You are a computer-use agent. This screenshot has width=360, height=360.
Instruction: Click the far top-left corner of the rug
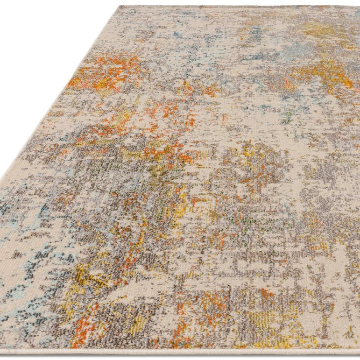point(119,7)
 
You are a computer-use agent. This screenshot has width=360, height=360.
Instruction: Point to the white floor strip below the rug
point(178,356)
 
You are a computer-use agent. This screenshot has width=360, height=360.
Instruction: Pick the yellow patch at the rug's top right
point(323,30)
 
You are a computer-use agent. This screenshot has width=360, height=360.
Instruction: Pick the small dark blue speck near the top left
point(177,35)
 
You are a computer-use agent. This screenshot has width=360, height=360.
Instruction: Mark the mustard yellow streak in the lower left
point(89,274)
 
